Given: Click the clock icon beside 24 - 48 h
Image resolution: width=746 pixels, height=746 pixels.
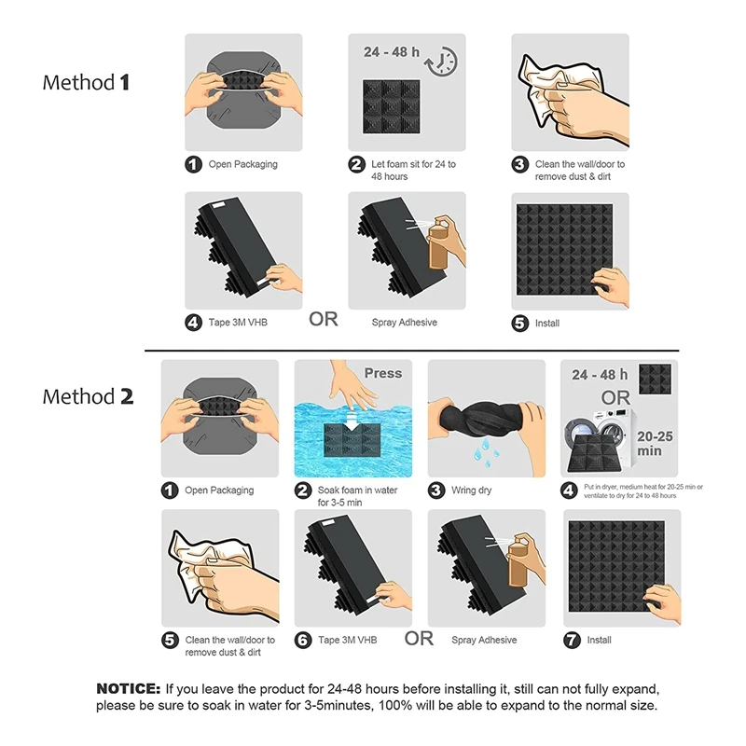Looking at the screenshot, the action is [441, 62].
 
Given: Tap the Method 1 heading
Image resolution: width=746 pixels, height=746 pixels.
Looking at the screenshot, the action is [86, 82].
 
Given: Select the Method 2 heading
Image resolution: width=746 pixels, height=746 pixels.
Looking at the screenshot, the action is [88, 396].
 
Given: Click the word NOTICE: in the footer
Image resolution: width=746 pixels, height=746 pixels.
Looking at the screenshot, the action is [129, 688].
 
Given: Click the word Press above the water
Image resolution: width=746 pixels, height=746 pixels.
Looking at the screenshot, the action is [383, 373].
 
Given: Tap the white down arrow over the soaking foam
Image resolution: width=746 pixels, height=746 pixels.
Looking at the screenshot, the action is [352, 421].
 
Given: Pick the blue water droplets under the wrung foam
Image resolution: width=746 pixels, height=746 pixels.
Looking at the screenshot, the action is [486, 449].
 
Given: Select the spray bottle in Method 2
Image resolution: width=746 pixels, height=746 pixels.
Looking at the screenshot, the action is [518, 563].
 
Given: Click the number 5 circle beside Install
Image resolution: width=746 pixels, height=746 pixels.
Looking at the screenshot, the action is [520, 323].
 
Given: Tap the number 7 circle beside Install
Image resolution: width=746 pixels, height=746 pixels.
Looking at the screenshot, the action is [572, 640].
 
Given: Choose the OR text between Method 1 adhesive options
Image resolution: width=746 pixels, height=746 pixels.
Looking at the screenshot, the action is [324, 319].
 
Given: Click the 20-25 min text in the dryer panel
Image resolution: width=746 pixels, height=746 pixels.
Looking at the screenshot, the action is [655, 444].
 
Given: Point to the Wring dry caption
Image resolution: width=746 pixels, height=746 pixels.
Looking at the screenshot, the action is [471, 490].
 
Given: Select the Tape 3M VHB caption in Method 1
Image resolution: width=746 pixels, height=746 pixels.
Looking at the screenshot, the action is [238, 322].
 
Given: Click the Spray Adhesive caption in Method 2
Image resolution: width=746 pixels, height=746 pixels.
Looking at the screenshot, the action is [484, 640].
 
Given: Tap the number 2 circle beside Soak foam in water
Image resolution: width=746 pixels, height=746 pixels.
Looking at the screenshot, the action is [303, 490].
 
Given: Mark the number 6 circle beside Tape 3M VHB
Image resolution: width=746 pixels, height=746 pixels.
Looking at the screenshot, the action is [303, 640].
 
